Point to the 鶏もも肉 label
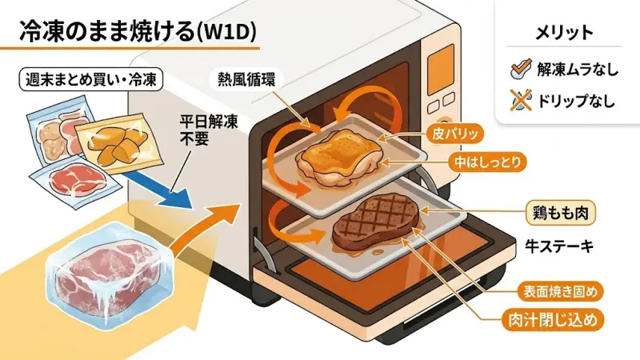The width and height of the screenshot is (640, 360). (x=558, y=214)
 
